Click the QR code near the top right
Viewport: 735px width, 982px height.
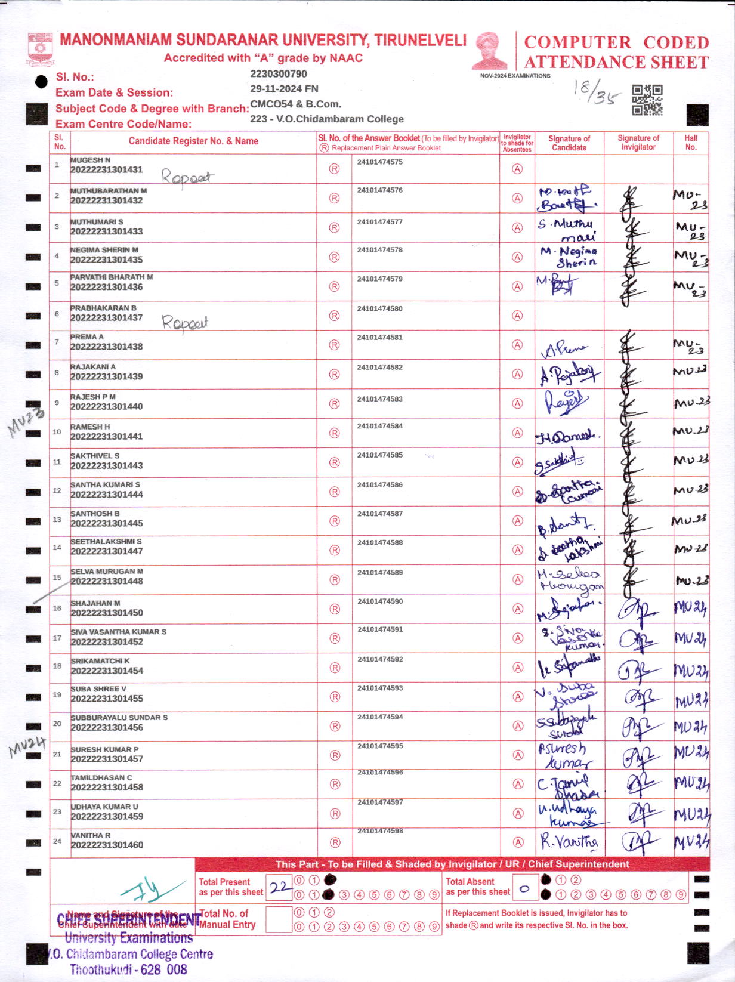point(647,100)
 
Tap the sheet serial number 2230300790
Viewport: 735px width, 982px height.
point(279,74)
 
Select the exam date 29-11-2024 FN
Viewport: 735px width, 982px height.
point(284,89)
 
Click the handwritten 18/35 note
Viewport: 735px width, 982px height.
point(596,92)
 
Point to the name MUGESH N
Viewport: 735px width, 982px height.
point(91,160)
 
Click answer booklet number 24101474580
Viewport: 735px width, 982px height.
point(379,309)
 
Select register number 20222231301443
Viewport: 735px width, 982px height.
point(107,465)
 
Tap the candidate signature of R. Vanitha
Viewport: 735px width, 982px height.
point(569,842)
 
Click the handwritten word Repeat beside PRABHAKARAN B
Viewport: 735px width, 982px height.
point(185,323)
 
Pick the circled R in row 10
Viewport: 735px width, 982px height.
point(335,433)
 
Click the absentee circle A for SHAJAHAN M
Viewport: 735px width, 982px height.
point(518,609)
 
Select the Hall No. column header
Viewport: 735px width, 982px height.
point(691,142)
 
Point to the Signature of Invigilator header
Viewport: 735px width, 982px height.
point(638,143)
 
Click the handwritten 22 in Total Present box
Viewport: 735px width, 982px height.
point(279,887)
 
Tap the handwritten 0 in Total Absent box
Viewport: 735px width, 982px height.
point(525,889)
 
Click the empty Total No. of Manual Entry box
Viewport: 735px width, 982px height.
point(278,919)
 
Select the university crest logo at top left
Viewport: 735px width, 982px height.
point(41,50)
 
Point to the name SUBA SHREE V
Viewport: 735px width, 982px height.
point(98,689)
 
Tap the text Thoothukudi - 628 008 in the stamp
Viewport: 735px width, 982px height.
point(128,969)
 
